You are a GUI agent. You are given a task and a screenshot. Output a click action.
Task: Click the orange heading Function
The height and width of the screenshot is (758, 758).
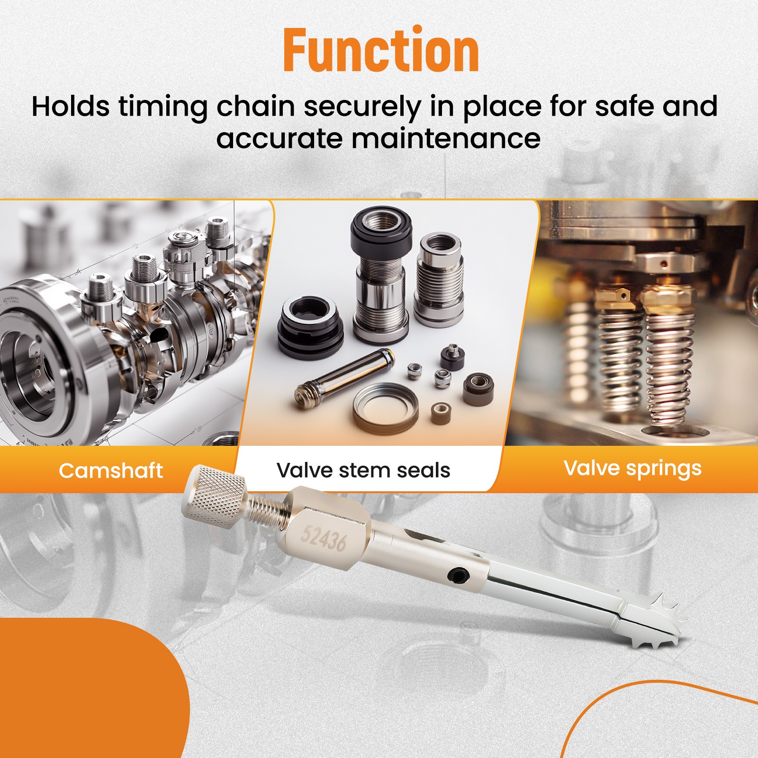[381, 50]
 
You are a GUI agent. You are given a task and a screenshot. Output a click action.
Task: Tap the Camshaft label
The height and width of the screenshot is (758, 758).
[111, 470]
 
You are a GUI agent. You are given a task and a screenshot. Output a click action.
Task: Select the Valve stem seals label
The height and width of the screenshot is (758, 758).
[363, 470]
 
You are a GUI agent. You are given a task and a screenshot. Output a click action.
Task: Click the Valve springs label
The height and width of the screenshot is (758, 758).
[632, 469]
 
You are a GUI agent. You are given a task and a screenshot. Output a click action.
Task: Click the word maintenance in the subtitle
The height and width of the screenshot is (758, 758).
[445, 139]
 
